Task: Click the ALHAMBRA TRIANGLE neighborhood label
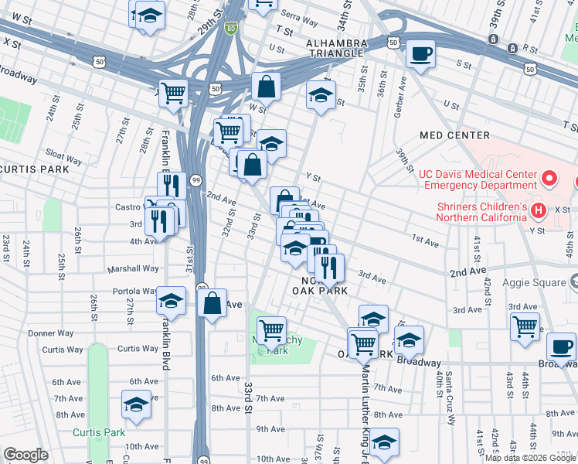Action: (x=335, y=47)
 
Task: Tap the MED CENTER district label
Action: (x=454, y=135)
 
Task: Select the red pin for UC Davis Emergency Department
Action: (x=549, y=179)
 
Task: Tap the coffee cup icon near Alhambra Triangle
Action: (x=420, y=54)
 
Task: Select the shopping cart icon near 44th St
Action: (x=525, y=326)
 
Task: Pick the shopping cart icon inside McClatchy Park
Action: (x=271, y=330)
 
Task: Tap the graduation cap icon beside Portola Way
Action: (x=172, y=300)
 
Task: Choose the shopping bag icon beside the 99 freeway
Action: (x=212, y=302)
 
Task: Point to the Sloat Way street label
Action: (x=64, y=159)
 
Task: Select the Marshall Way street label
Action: (x=134, y=269)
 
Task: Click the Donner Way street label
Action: (x=51, y=333)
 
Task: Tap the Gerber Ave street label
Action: (x=402, y=90)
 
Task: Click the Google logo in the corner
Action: (x=25, y=455)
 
